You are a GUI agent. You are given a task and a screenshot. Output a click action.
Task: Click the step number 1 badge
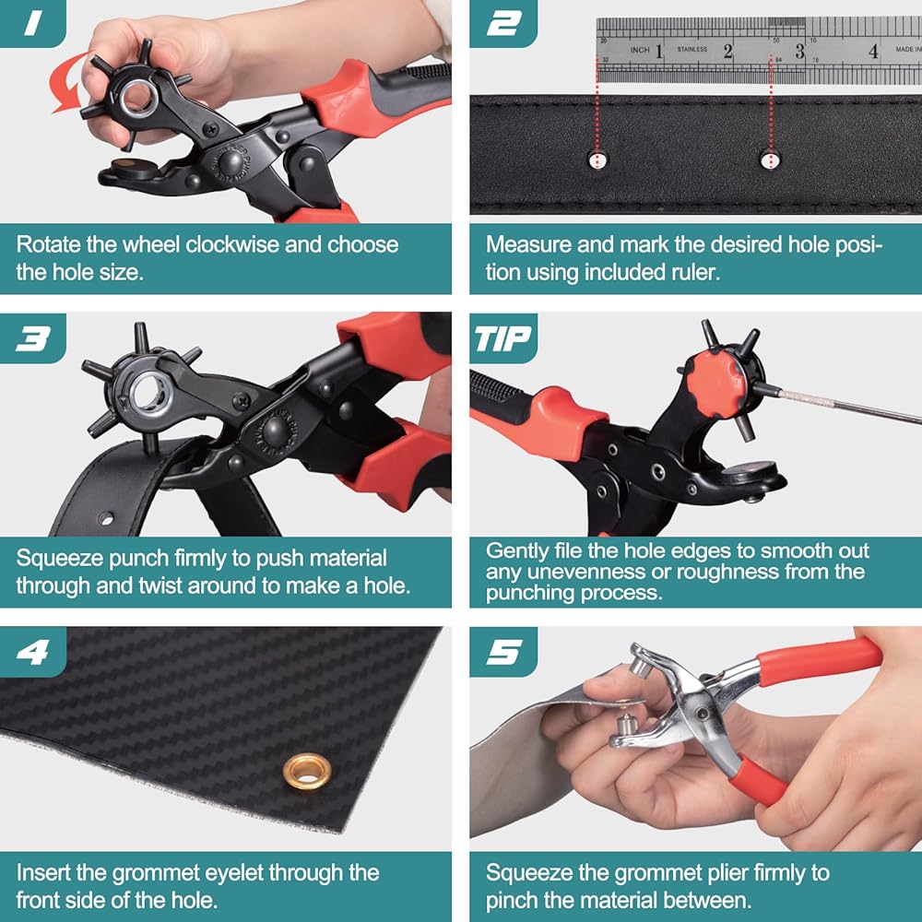tap(32, 23)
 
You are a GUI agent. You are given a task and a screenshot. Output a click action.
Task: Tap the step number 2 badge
tap(503, 23)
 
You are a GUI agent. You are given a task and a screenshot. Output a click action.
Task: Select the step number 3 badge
tap(32, 338)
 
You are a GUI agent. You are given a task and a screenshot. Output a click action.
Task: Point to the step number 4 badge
tap(32, 652)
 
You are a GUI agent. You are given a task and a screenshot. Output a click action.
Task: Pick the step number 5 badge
tap(503, 652)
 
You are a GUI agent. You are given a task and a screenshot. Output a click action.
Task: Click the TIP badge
tap(503, 338)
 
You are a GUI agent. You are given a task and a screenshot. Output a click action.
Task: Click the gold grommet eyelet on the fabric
tap(307, 771)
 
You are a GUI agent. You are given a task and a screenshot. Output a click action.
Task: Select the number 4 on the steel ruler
tap(873, 52)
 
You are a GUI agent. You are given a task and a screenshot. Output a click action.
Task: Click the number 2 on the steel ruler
tap(728, 52)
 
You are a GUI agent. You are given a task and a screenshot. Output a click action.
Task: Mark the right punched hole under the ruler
tap(770, 160)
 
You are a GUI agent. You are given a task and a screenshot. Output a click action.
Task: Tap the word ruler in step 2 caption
tap(695, 272)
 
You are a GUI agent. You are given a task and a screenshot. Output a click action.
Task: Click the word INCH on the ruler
tap(640, 51)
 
